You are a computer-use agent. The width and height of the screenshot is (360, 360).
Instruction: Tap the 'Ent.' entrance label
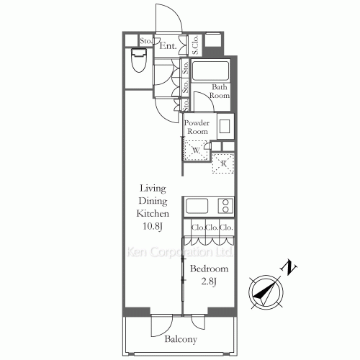pyautogui.click(x=168, y=47)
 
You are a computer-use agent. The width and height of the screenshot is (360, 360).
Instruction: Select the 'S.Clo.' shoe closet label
pyautogui.click(x=196, y=45)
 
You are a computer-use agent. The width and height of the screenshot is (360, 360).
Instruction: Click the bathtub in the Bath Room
pyautogui.click(x=210, y=72)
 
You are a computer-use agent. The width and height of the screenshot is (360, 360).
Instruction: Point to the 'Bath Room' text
pyautogui.click(x=220, y=91)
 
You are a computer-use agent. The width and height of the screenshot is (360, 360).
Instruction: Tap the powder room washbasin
pyautogui.click(x=225, y=126)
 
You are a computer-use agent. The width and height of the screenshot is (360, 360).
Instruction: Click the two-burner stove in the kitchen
pyautogui.click(x=227, y=206)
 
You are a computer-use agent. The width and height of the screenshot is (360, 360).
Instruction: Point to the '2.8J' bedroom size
pyautogui.click(x=209, y=282)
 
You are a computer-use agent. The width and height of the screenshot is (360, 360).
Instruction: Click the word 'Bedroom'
pyautogui.click(x=210, y=269)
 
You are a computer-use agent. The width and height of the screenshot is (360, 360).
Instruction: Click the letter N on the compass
pyautogui.click(x=290, y=268)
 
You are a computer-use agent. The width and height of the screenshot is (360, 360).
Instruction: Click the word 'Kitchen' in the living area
pyautogui.click(x=153, y=215)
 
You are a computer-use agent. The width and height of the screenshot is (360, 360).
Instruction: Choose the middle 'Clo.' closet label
pyautogui.click(x=212, y=229)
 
